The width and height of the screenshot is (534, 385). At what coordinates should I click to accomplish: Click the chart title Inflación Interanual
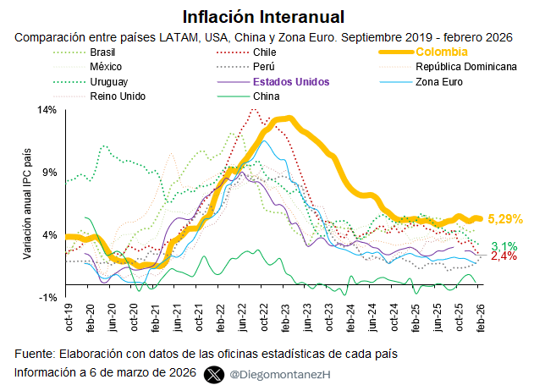point(263,17)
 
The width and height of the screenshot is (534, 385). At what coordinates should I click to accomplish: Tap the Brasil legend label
point(102,52)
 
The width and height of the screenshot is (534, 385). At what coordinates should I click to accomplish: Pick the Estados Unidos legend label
point(291,82)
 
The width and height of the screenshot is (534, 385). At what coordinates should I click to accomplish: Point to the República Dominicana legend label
point(466,67)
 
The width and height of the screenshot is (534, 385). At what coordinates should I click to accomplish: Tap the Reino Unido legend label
point(118,96)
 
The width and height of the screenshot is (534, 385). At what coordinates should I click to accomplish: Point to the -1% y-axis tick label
point(47,298)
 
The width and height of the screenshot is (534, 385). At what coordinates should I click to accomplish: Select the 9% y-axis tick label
point(50,173)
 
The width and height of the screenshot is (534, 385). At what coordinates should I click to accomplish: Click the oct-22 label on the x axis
point(263,317)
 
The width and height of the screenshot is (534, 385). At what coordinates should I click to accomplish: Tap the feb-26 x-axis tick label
point(481,317)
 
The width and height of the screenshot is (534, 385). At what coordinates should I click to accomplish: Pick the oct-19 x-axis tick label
point(69,317)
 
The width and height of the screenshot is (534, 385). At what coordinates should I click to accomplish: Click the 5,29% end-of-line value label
point(505,219)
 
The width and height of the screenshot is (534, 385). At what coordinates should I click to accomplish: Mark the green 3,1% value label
point(504,246)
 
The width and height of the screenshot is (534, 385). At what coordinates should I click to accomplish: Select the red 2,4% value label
point(504,256)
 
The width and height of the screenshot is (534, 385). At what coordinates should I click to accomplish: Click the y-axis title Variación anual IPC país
point(27,204)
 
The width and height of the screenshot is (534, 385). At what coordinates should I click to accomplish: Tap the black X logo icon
point(214,375)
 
